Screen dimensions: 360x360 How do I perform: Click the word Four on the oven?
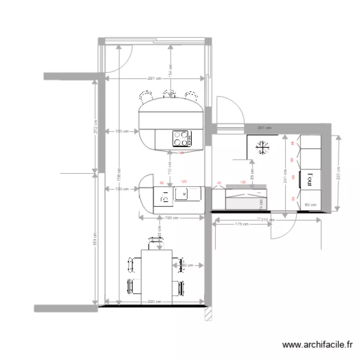point(310,179)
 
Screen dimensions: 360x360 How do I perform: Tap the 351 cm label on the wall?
point(264,128)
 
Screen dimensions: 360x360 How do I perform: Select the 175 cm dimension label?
point(241,224)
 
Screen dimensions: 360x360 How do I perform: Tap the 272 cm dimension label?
point(96,126)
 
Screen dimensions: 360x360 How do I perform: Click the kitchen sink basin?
point(182,194)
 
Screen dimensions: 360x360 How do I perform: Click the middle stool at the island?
point(168,94)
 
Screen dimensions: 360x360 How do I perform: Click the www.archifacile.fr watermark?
point(318,344)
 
